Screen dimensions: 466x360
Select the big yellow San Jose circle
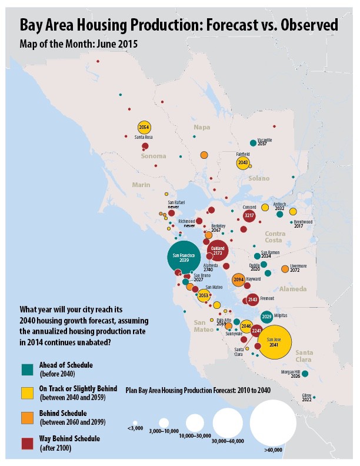[272, 342]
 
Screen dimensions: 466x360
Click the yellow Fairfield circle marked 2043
[243, 163]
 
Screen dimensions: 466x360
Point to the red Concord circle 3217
[249, 216]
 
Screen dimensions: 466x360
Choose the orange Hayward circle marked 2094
[238, 280]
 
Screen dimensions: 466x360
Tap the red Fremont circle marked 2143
[252, 300]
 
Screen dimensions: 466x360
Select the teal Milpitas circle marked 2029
[266, 317]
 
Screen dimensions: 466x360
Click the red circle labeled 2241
[256, 331]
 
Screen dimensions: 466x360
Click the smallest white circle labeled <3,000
[135, 422]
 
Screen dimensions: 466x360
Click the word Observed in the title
[306, 26]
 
